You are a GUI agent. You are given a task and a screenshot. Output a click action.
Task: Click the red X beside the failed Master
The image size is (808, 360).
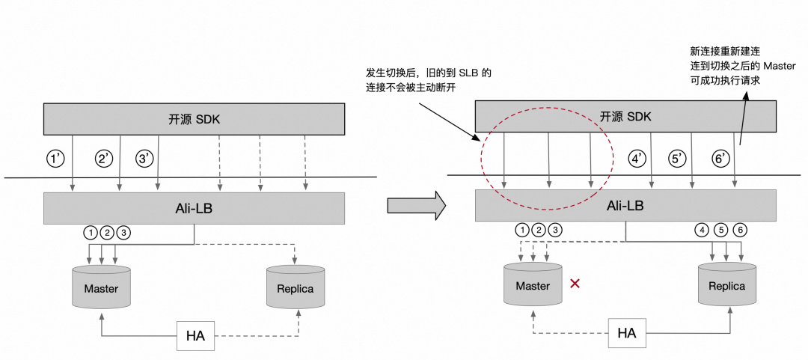[575, 284]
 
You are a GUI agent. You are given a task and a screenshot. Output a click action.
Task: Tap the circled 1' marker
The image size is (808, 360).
[56, 159]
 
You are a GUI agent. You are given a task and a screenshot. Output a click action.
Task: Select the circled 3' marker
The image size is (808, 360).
[144, 159]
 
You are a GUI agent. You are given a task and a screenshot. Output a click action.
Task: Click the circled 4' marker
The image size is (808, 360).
[637, 159]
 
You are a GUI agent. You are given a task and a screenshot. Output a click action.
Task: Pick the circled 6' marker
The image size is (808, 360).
[721, 159]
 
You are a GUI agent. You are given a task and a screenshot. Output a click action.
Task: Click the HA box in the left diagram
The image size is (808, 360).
[195, 335]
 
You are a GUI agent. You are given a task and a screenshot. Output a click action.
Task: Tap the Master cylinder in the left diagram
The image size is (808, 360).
[101, 287]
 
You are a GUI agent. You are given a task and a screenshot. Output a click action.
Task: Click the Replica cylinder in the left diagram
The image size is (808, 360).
[295, 288]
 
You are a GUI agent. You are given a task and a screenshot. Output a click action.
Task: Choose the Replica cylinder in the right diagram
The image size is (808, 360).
[727, 285]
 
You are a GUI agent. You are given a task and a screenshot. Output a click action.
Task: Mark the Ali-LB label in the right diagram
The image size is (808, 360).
[625, 204]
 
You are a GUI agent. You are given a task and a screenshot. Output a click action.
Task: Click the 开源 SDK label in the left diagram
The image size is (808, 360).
[195, 119]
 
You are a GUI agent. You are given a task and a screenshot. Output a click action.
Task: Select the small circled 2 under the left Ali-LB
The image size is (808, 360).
[108, 232]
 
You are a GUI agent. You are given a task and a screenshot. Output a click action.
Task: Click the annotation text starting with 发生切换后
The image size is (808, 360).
[429, 81]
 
